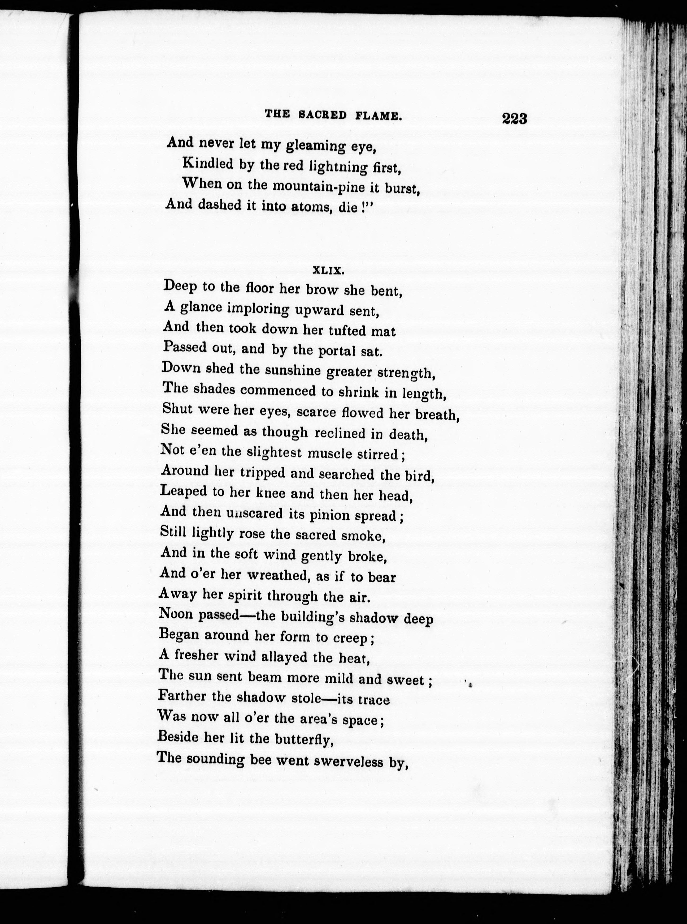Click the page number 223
click(514, 119)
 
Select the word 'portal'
click(337, 351)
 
